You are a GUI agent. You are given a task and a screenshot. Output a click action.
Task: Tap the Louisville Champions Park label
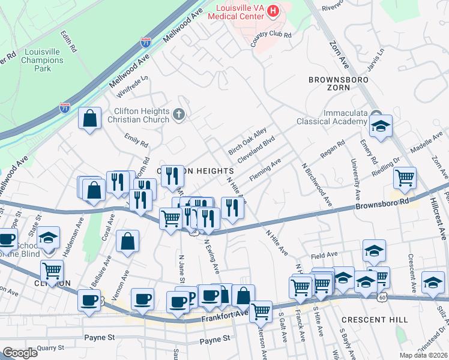tap(43, 61)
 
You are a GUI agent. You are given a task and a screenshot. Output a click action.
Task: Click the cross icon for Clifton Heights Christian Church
tap(178, 114)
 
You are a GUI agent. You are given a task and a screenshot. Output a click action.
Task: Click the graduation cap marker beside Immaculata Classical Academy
tap(381, 127)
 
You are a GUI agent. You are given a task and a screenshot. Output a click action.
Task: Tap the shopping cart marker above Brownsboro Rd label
tap(405, 178)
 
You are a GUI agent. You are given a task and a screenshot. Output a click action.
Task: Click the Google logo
tap(20, 352)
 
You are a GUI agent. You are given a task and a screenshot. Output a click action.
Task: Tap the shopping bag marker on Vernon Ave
tap(128, 241)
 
